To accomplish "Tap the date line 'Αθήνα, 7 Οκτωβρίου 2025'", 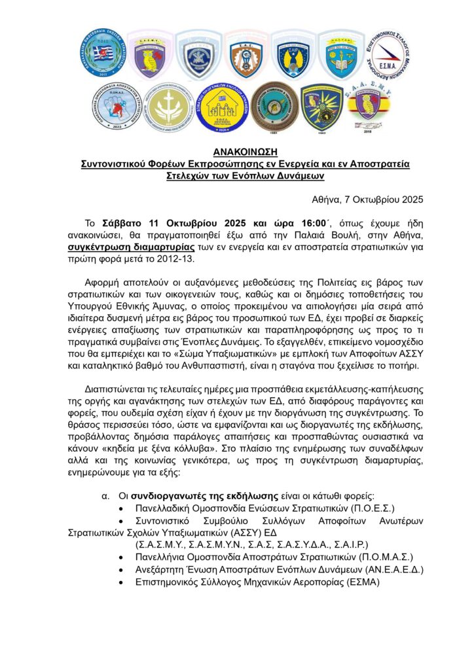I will point(367,199).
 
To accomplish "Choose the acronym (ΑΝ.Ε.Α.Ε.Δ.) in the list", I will point(394,569).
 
